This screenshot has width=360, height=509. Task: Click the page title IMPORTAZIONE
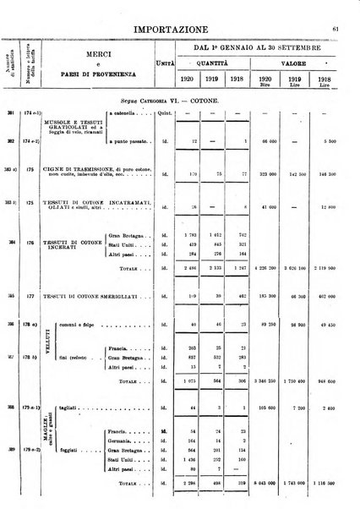pyautogui.click(x=180, y=10)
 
